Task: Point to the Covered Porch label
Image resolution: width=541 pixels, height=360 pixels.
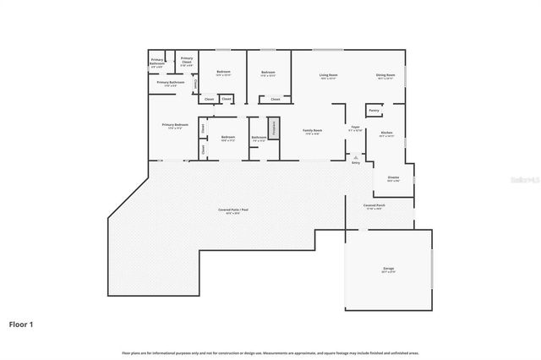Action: (375, 205)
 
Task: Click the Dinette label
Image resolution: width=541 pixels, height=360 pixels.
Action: (393, 178)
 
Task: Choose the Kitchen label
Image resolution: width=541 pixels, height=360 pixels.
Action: (386, 134)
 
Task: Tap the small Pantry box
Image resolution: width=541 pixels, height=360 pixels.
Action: (373, 110)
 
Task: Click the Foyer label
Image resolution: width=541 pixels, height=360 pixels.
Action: (356, 128)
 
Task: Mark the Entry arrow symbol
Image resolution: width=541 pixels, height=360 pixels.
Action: (356, 157)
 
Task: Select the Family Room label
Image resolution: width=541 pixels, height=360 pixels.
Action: (313, 131)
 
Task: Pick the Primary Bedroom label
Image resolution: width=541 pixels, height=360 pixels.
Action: (175, 126)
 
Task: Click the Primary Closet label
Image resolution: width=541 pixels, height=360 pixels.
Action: (187, 59)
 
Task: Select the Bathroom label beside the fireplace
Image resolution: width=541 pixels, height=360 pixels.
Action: (259, 139)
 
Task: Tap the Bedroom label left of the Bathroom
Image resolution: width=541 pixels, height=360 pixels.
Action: (227, 138)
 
